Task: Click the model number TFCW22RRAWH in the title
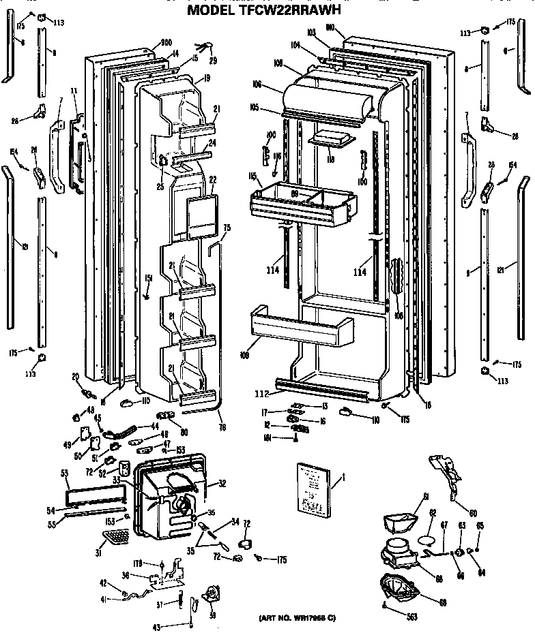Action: coord(297,10)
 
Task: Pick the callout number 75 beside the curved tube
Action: coord(227,228)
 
